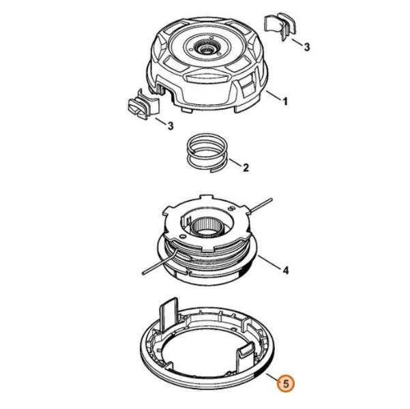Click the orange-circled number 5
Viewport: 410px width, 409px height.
click(x=286, y=384)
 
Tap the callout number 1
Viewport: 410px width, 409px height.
click(x=284, y=102)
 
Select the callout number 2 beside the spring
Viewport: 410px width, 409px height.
click(x=246, y=168)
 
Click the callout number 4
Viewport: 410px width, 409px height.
click(x=286, y=270)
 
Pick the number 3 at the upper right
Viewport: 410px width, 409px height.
click(x=307, y=47)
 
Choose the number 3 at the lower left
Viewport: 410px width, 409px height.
click(x=171, y=126)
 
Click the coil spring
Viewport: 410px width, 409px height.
click(x=207, y=153)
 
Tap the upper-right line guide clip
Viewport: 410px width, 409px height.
click(x=280, y=27)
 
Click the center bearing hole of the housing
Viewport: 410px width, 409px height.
click(x=205, y=48)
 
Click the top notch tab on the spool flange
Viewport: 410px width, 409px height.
click(x=206, y=196)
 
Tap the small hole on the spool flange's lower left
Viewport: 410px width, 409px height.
click(x=181, y=236)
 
